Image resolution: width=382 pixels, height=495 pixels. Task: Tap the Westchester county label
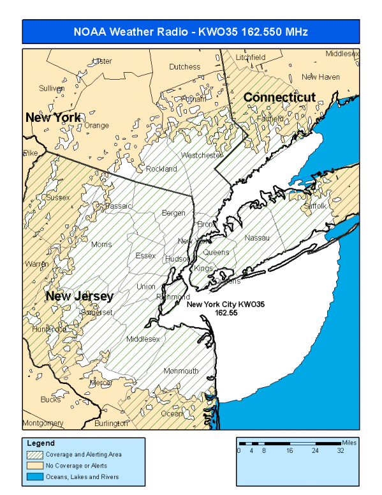(202, 156)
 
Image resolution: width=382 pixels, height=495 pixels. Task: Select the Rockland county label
(161, 169)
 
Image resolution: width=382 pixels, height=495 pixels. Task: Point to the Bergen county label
(173, 212)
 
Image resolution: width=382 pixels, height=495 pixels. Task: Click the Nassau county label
(257, 238)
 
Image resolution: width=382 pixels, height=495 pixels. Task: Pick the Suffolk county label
(314, 206)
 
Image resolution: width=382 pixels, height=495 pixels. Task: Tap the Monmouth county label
(181, 371)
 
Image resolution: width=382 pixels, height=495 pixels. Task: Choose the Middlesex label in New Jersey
(143, 339)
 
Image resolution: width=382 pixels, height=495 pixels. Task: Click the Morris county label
(101, 244)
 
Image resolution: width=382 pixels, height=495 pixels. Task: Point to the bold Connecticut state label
(279, 98)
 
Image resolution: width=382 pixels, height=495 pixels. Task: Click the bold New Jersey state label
(79, 297)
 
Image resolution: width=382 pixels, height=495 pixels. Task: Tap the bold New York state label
(53, 117)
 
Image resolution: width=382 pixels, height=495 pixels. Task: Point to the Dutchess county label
(184, 66)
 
